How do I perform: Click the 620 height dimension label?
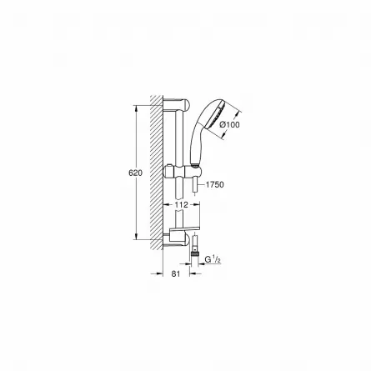pyautogui.click(x=135, y=173)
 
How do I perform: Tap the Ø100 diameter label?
pyautogui.click(x=229, y=125)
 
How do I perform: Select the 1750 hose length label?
pyautogui.click(x=214, y=184)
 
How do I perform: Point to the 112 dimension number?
pyautogui.click(x=182, y=205)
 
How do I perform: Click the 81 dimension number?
pyautogui.click(x=176, y=273)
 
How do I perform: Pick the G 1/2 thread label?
pyautogui.click(x=213, y=259)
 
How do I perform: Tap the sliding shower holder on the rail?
pyautogui.click(x=182, y=172)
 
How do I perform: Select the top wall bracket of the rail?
pyautogui.click(x=177, y=104)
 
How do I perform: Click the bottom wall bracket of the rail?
pyautogui.click(x=177, y=240)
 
